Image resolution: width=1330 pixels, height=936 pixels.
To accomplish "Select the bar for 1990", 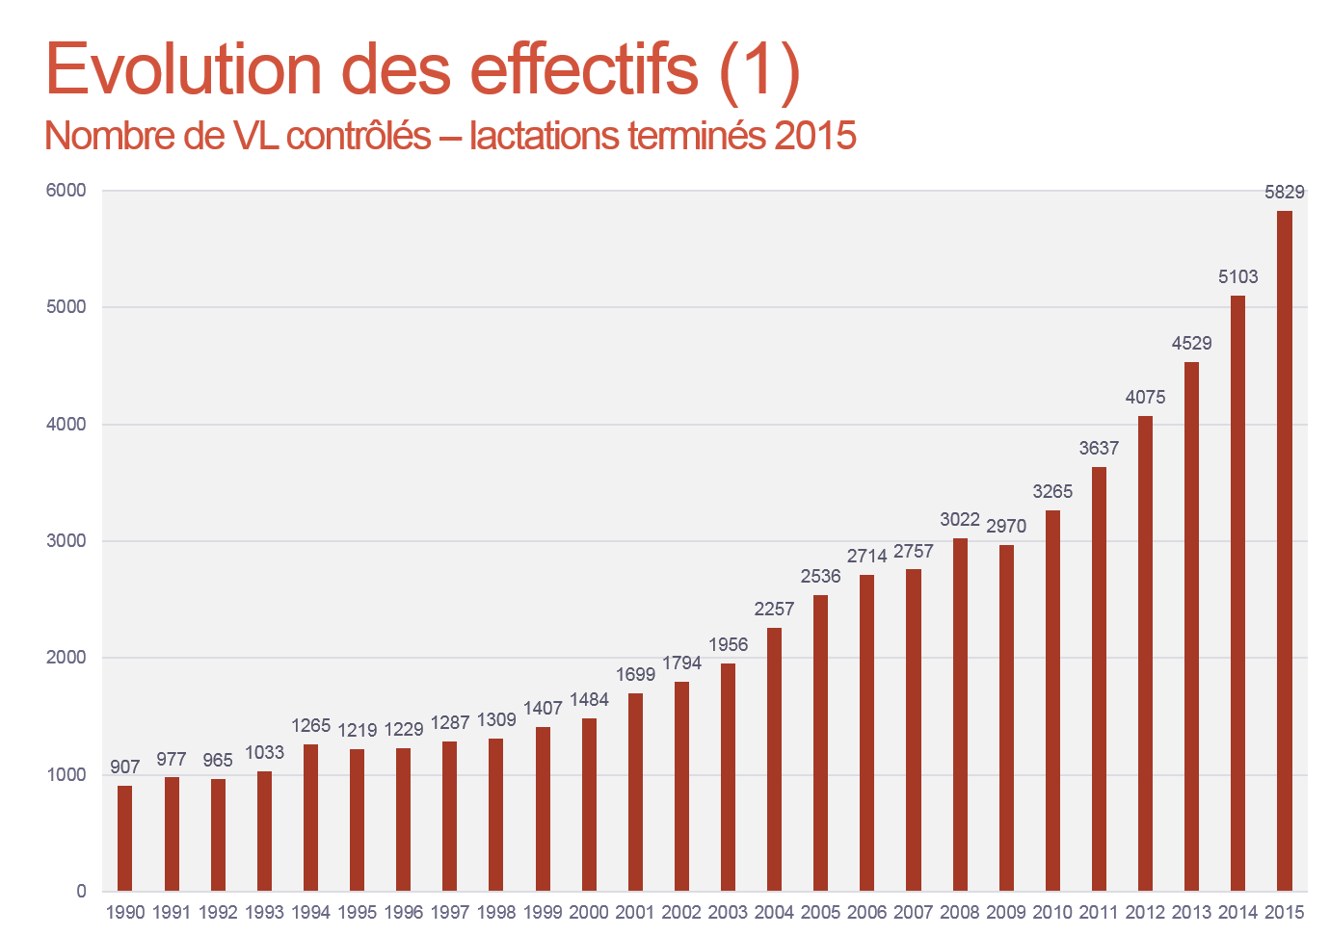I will [x=125, y=838].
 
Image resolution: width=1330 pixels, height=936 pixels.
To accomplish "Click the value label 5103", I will [x=1237, y=277].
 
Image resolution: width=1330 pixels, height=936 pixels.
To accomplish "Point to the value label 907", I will [x=125, y=767].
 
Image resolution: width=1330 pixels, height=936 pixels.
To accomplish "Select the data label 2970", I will [x=1006, y=526].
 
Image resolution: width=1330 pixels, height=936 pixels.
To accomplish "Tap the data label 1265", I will [x=310, y=725].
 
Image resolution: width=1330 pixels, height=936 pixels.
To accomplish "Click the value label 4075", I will [x=1145, y=397].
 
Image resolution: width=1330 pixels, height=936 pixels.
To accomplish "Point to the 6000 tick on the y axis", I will [x=66, y=191].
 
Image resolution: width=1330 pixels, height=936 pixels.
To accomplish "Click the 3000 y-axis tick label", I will [x=66, y=541].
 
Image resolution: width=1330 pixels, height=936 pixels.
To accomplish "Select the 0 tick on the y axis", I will [x=81, y=892].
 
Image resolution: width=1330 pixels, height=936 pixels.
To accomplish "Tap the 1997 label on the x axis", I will [x=450, y=912].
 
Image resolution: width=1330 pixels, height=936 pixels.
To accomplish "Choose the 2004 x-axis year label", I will [x=774, y=912].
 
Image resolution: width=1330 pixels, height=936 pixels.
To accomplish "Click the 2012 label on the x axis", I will [x=1145, y=912].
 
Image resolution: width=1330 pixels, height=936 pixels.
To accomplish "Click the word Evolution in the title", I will [x=184, y=69].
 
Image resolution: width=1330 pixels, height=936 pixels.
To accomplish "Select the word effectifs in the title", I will [x=584, y=69].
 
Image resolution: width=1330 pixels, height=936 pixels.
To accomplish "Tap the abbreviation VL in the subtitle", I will [x=255, y=136].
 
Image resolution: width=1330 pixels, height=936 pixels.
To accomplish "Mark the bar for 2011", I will [x=1099, y=679].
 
